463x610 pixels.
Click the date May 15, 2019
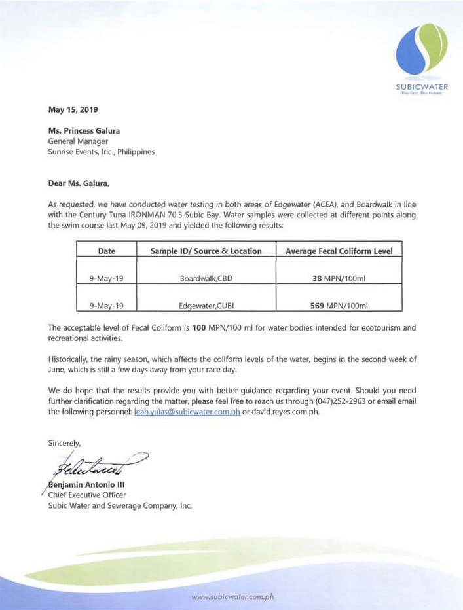[73, 110]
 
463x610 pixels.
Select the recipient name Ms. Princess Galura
[84, 131]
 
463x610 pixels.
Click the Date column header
[107, 251]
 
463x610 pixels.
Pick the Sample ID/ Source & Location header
[206, 251]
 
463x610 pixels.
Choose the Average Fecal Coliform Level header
[339, 251]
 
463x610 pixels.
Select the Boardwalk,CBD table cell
[206, 278]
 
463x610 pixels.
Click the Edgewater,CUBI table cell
[206, 305]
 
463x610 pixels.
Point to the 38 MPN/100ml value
[339, 278]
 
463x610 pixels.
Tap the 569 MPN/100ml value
[339, 305]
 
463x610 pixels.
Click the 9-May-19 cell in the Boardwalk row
[106, 278]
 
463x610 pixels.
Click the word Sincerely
[64, 443]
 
